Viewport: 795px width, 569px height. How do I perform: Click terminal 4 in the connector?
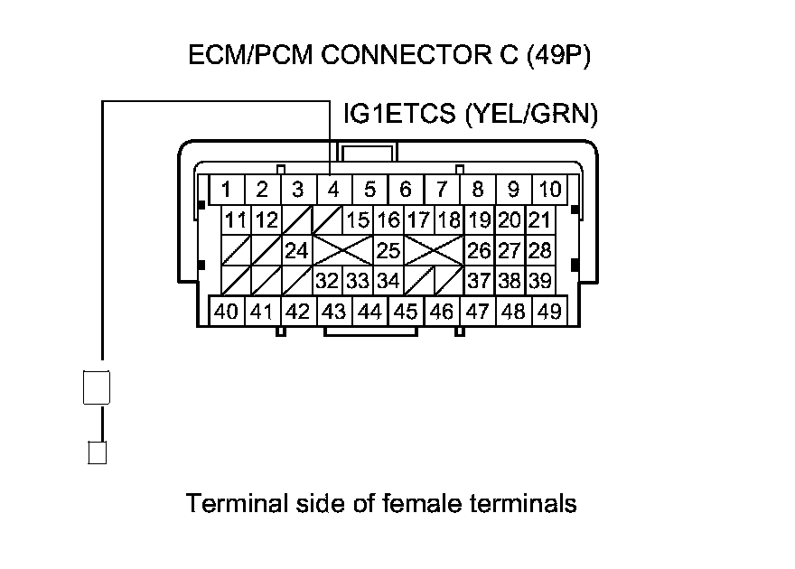click(333, 191)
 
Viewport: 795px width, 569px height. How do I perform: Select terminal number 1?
click(227, 191)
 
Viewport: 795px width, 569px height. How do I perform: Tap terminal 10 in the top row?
click(548, 191)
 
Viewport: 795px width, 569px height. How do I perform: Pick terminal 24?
click(296, 250)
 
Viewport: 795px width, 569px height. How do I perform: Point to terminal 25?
click(388, 250)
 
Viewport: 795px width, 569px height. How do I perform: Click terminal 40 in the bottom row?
click(226, 312)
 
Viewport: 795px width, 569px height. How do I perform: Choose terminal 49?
click(548, 312)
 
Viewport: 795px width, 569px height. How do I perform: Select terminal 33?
click(358, 281)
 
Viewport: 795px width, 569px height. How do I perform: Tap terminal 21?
click(539, 220)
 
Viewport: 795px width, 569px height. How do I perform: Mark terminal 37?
click(479, 281)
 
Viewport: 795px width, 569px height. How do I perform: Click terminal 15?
click(358, 220)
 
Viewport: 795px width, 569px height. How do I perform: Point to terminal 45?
click(406, 312)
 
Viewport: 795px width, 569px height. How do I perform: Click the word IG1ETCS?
click(398, 116)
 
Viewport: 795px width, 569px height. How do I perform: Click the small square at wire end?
click(97, 452)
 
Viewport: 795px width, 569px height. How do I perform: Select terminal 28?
click(539, 250)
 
